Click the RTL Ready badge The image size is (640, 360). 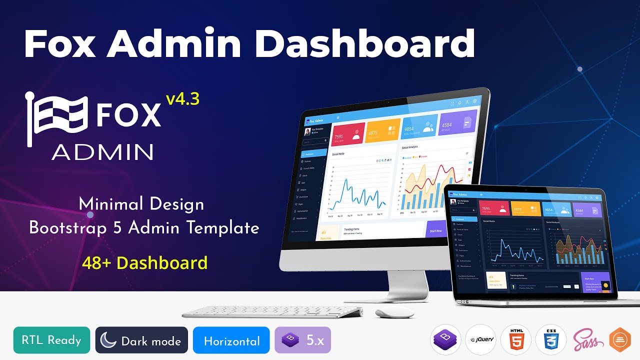click(x=51, y=340)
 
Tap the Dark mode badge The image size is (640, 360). click(x=141, y=340)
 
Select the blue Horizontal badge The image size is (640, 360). click(x=231, y=341)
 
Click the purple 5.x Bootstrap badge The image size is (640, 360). click(x=302, y=340)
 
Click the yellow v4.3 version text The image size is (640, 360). click(x=183, y=99)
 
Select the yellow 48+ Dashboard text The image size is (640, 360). click(x=145, y=262)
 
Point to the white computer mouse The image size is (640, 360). click(x=394, y=313)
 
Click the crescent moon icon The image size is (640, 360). click(x=108, y=340)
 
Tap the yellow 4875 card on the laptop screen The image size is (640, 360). click(x=525, y=209)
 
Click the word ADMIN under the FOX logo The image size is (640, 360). click(x=102, y=151)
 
